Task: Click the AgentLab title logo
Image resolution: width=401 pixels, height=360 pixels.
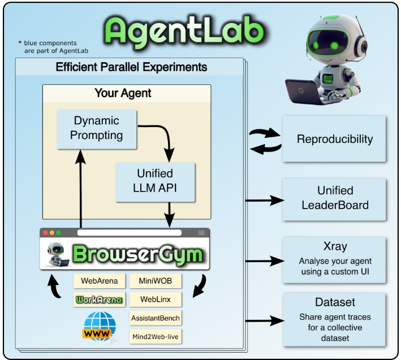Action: pos(184,32)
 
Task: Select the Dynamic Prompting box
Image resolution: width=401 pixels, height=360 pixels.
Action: pos(97,129)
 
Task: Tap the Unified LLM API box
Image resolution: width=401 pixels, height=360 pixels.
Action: pos(155,182)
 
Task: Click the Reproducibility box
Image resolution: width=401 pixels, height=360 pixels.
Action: pos(334,138)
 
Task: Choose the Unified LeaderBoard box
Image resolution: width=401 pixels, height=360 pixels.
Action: pos(334,199)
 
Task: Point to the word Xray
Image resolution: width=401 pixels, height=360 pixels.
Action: pos(335,246)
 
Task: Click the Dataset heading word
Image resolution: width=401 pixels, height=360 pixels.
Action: pos(335,302)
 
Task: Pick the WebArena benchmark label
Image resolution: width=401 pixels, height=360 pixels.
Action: pos(99,281)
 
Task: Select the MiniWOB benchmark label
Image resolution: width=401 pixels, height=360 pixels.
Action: pos(156,281)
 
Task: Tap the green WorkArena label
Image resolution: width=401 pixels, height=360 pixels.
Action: pos(99,300)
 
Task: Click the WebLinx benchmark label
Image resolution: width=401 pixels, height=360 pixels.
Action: pos(156,300)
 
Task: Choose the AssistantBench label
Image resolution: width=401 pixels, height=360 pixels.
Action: pos(156,318)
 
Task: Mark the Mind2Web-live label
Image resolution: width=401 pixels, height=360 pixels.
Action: pos(156,337)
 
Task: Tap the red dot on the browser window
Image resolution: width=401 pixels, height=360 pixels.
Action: pos(45,232)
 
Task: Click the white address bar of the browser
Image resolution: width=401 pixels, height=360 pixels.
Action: pos(130,232)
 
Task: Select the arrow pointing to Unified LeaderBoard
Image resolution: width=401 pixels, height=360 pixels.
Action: pos(265,200)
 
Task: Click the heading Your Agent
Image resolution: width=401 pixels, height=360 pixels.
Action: pos(123,93)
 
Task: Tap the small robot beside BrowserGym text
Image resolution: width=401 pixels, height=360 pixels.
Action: pos(58,254)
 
